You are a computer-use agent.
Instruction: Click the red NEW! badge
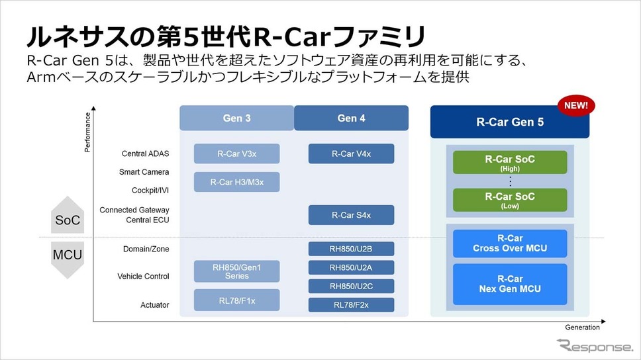576,105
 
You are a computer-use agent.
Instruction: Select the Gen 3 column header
236,118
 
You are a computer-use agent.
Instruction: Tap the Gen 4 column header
351,118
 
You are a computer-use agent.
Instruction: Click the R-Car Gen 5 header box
510,122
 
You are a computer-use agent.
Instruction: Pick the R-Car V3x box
236,154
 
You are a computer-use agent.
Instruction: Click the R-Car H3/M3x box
236,182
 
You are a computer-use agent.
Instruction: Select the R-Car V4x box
351,154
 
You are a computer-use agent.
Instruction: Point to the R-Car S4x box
351,215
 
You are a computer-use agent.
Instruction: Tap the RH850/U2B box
351,249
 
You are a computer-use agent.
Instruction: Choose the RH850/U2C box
351,286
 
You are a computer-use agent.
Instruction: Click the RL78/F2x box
351,305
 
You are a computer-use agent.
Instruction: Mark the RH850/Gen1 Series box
236,271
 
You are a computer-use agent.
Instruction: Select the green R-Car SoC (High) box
510,163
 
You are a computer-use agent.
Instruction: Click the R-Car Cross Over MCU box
510,244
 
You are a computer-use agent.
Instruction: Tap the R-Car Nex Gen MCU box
510,284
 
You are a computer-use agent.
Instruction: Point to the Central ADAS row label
145,154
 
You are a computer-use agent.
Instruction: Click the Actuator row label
154,305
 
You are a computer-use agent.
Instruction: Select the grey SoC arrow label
68,215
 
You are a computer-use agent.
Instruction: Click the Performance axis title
87,132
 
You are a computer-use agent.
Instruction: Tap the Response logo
595,346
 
